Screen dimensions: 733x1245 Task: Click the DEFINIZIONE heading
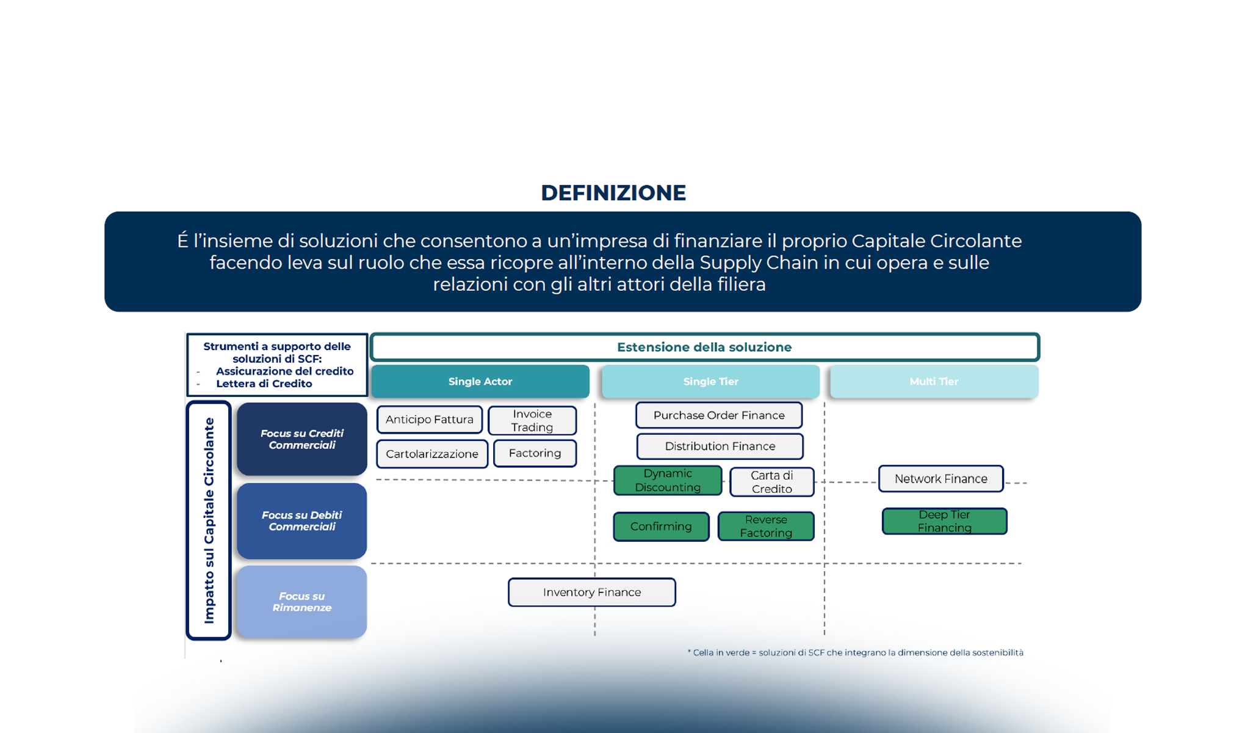pyautogui.click(x=613, y=193)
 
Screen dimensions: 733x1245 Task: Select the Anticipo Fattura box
pyautogui.click(x=430, y=420)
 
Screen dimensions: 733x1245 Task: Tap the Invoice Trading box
pyautogui.click(x=532, y=420)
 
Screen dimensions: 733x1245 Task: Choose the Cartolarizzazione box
pyautogui.click(x=432, y=454)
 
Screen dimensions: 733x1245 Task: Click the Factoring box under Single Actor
pyautogui.click(x=535, y=453)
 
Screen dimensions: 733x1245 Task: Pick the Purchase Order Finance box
pyautogui.click(x=719, y=415)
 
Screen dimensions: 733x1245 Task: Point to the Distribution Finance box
pyautogui.click(x=720, y=447)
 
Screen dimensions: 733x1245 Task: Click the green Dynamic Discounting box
pyautogui.click(x=668, y=480)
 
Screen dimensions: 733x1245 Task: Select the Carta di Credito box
pyautogui.click(x=772, y=482)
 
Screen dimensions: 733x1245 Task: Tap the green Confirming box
pyautogui.click(x=661, y=527)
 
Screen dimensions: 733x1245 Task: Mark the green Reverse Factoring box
pyautogui.click(x=766, y=527)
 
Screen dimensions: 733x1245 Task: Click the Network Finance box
pyautogui.click(x=941, y=479)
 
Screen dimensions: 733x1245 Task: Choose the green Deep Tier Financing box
pyautogui.click(x=945, y=521)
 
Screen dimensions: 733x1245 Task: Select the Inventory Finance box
pyautogui.click(x=592, y=593)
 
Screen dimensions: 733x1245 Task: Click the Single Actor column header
pyautogui.click(x=480, y=382)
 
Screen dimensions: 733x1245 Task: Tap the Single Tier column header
pyautogui.click(x=711, y=382)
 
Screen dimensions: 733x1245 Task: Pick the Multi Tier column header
pyautogui.click(x=934, y=382)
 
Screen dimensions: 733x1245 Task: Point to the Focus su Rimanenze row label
pyautogui.click(x=302, y=602)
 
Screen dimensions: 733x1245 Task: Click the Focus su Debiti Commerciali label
pyautogui.click(x=302, y=521)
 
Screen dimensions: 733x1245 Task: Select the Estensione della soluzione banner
pyautogui.click(x=704, y=348)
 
